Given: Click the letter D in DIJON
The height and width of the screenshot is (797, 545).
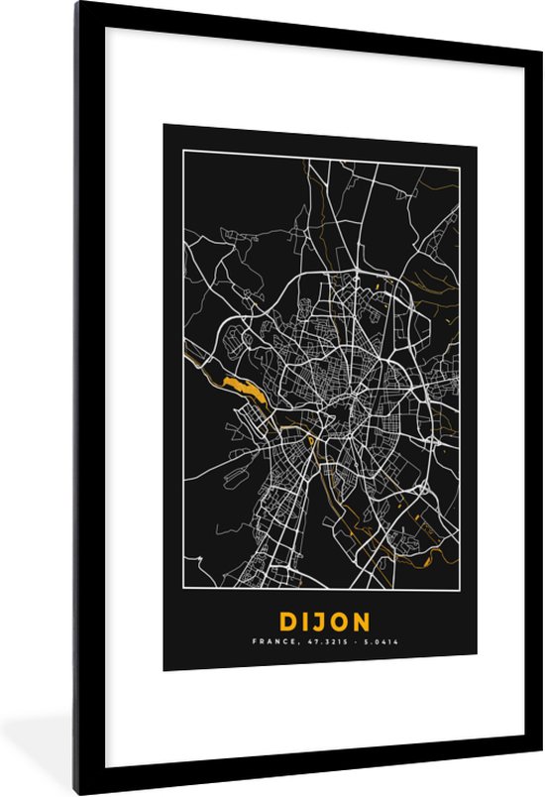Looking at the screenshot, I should (288, 623).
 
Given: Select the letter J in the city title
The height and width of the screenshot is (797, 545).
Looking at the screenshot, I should (321, 623).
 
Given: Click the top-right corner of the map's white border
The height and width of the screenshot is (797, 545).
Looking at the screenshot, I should (459, 150).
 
